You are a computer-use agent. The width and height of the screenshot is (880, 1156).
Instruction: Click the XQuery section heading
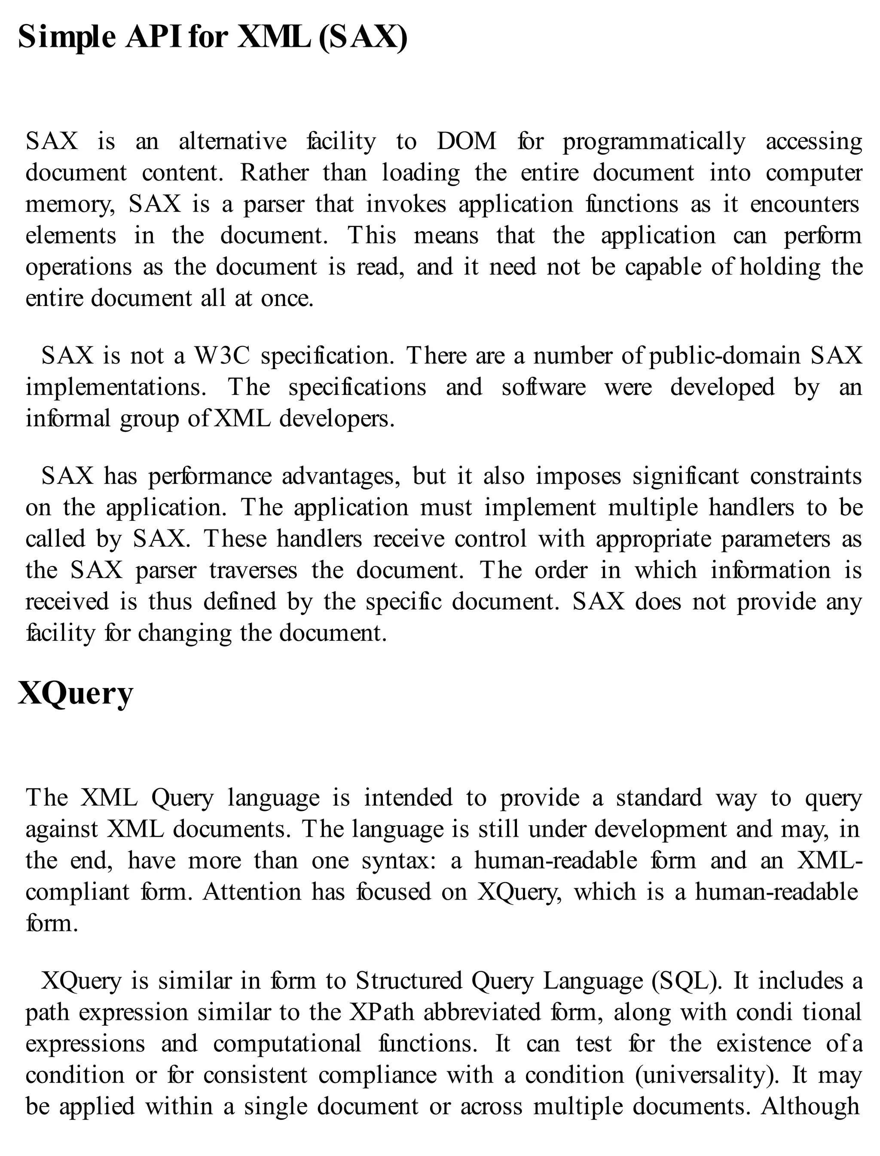76,694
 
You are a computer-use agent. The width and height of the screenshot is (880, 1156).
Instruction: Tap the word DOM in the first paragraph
466,141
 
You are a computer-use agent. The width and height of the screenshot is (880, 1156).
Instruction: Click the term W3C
222,356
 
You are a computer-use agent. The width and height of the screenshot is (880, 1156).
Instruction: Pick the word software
543,388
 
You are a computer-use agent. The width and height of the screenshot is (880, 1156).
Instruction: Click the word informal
68,419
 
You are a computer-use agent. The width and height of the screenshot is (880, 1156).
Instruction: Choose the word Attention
252,892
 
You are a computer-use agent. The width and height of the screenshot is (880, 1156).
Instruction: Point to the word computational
287,1043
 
